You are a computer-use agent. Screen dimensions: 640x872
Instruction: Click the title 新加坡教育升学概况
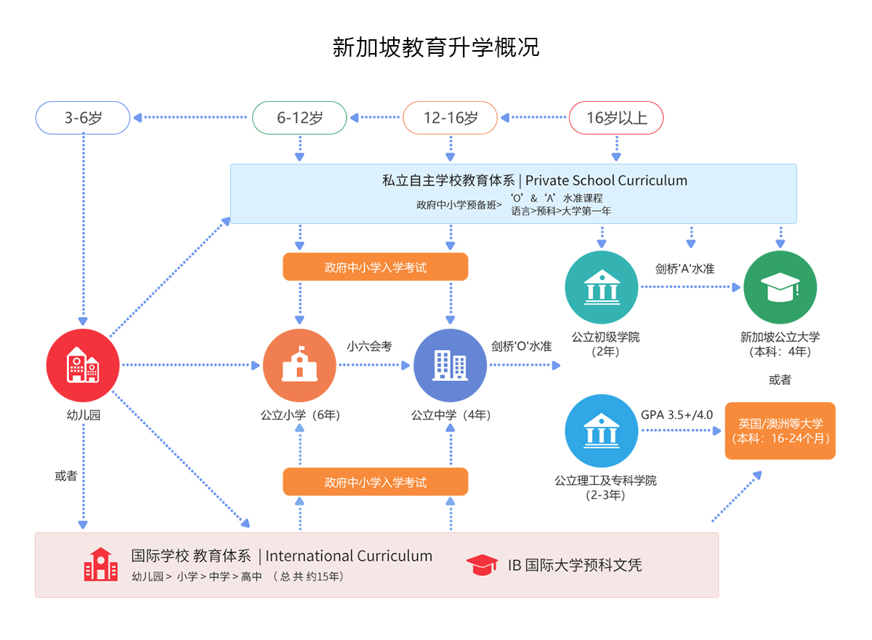point(436,47)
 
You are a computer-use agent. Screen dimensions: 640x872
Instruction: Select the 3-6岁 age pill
point(83,118)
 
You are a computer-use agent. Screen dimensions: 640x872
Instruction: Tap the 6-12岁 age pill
point(299,118)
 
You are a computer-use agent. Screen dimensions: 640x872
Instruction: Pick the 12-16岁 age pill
point(451,118)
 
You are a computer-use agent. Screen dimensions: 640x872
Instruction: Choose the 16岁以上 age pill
point(616,118)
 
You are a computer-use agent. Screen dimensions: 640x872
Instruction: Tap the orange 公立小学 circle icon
point(299,365)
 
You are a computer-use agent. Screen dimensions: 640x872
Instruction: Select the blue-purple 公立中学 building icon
point(450,365)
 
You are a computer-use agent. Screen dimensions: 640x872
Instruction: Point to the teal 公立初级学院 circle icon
point(602,288)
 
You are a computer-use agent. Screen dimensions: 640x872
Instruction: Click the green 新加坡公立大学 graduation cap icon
point(780,288)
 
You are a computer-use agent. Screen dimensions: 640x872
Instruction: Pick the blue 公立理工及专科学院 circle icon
point(602,431)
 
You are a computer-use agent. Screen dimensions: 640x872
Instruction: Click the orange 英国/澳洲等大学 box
point(780,431)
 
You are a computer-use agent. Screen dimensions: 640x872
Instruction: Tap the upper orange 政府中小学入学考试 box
point(375,267)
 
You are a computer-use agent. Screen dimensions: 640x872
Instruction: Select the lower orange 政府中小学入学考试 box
point(375,482)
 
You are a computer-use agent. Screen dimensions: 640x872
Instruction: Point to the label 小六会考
point(369,346)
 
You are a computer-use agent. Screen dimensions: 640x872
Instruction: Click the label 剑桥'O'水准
point(521,346)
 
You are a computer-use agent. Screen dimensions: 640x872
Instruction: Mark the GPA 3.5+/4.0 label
point(677,415)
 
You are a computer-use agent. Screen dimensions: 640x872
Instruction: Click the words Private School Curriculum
point(607,180)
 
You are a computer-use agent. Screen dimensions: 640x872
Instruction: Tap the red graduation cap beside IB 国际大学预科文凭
point(482,564)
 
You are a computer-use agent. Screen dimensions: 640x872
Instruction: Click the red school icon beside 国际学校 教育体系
point(100,564)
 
